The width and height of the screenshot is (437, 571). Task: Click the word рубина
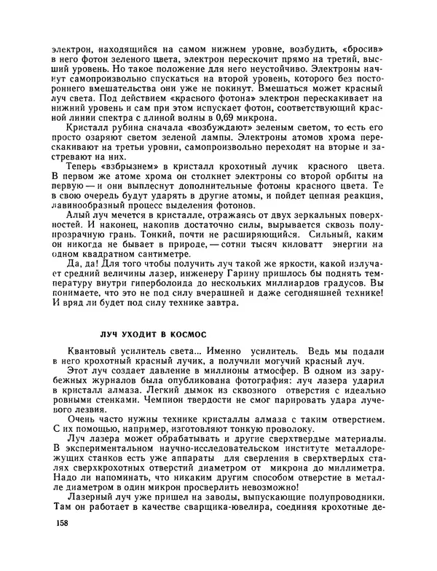tap(117, 127)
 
